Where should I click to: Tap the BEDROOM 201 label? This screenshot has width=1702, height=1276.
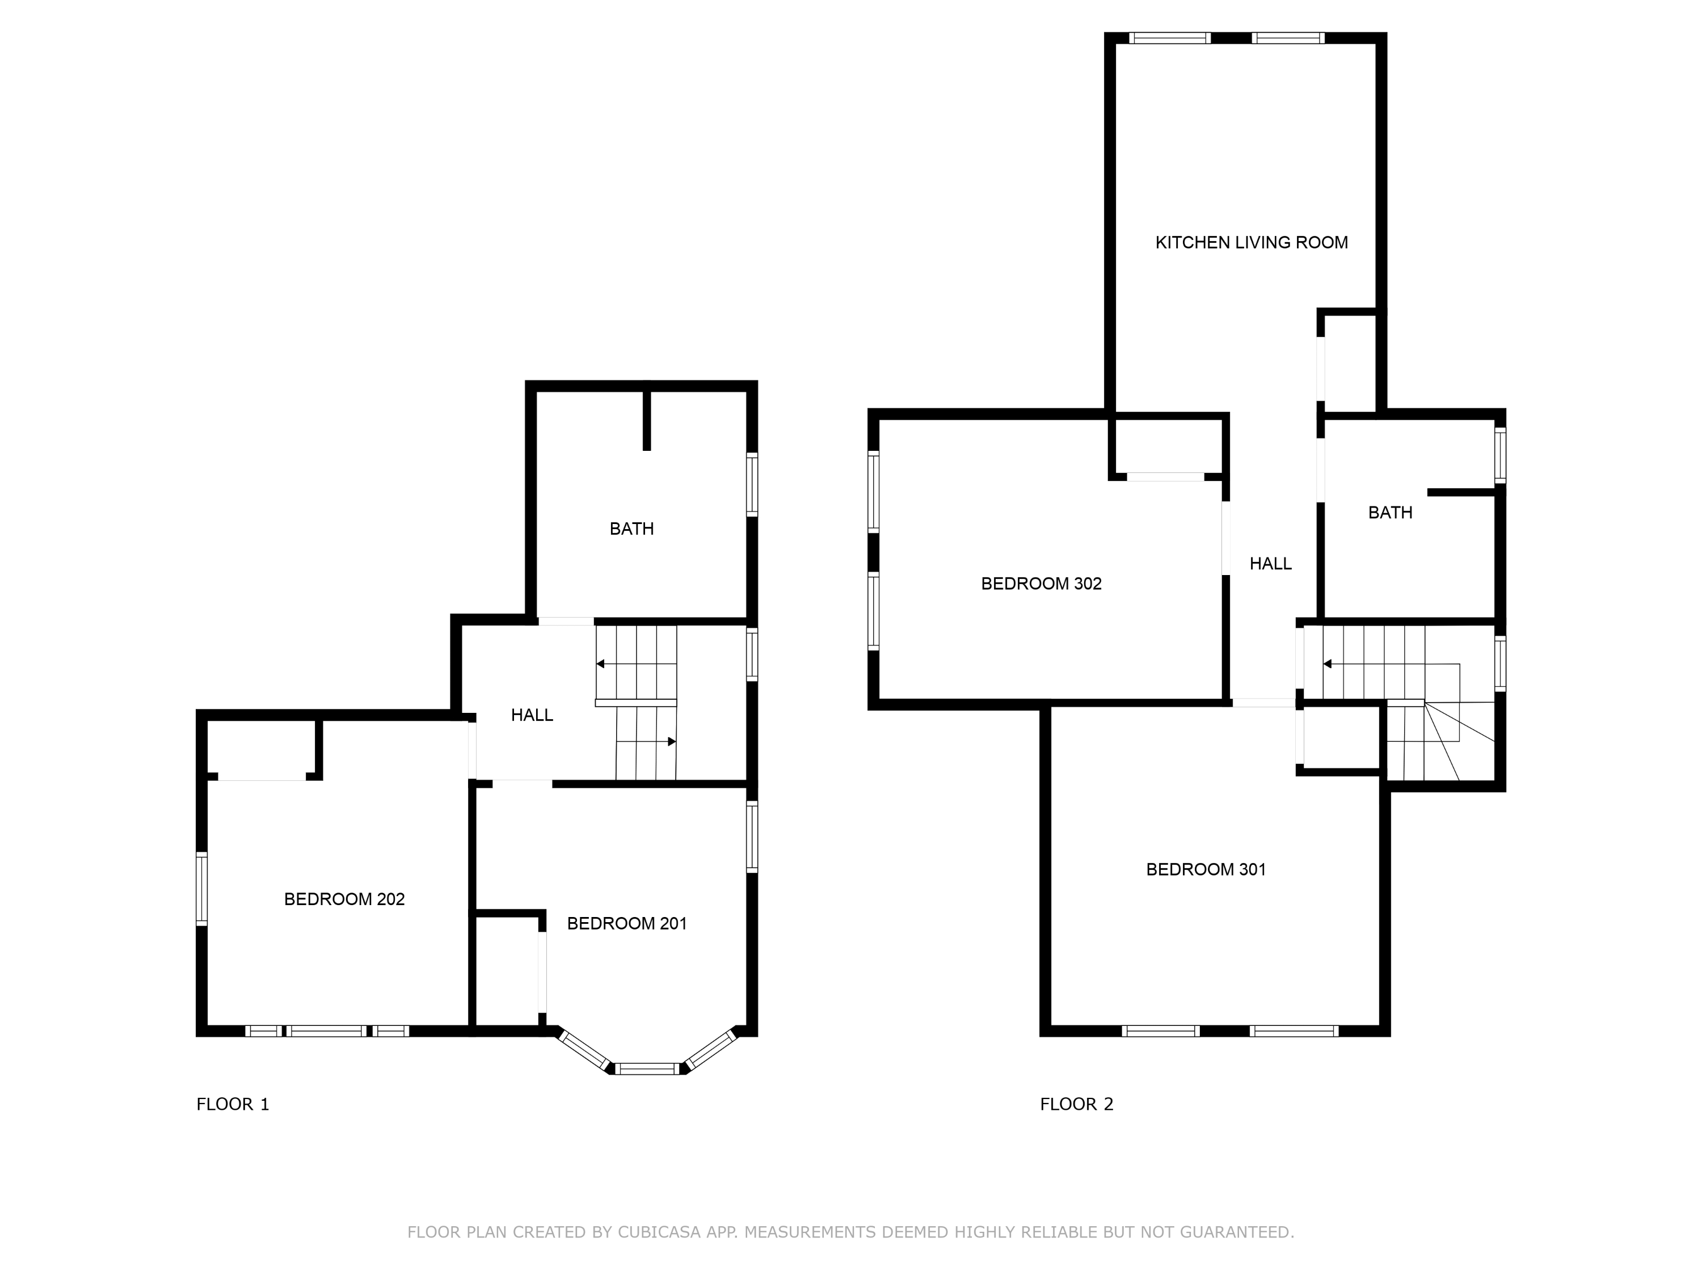(x=626, y=924)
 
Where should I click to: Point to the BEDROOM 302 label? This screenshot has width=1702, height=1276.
(x=1040, y=584)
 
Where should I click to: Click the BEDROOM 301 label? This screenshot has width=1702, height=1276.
(x=1205, y=870)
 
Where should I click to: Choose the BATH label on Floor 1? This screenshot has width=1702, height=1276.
(x=631, y=529)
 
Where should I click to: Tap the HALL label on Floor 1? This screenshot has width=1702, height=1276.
(x=532, y=715)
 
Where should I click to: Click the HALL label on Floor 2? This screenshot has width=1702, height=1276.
(x=1270, y=564)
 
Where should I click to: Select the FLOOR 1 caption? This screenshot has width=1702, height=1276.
(x=233, y=1105)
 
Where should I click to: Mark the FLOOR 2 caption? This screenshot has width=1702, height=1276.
(x=1076, y=1105)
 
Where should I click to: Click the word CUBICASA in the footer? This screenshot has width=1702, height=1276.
(x=659, y=1232)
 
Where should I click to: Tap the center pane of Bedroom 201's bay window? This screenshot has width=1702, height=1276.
(x=647, y=1068)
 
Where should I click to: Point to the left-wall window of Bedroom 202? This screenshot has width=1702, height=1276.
(x=201, y=888)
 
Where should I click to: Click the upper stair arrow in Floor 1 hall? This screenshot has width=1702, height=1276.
(x=601, y=664)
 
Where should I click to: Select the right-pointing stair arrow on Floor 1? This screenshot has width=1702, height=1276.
(x=671, y=741)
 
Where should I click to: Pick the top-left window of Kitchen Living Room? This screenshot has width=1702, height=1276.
(x=1169, y=37)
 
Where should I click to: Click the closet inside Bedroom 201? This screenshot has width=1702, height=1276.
(x=507, y=969)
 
